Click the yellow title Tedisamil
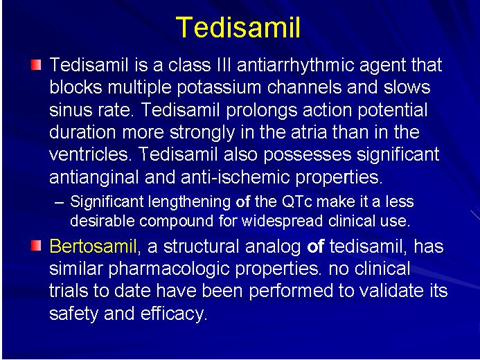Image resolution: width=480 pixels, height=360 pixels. [238, 27]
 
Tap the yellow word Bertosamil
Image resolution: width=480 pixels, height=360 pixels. [93, 246]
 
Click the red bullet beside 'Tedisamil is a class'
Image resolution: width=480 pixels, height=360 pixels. [36, 65]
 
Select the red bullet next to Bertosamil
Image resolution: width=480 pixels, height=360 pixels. [36, 246]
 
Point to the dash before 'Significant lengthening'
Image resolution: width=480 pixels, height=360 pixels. [59, 202]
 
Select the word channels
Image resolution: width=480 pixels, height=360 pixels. [304, 87]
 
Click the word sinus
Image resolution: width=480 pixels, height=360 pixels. [71, 110]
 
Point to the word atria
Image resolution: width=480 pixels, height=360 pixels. [309, 132]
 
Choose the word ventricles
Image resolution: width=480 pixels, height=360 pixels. [89, 154]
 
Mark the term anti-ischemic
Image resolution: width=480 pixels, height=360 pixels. [235, 177]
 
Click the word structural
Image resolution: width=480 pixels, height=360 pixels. [201, 246]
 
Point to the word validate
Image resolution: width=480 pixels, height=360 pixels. [390, 290]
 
